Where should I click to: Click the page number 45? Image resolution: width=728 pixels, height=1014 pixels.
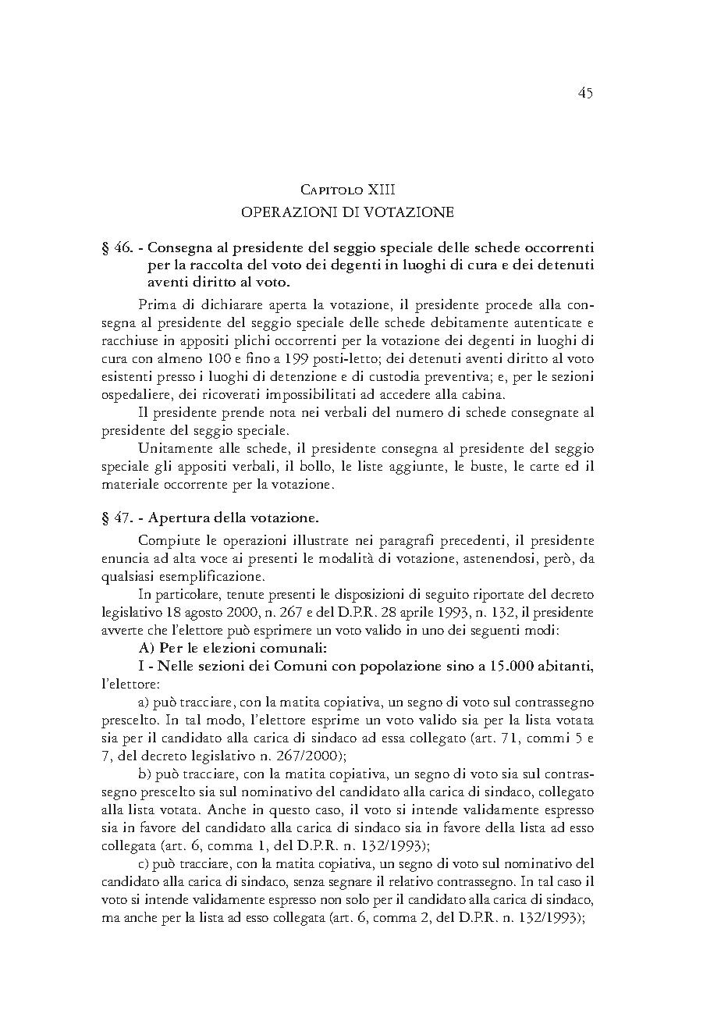[585, 93]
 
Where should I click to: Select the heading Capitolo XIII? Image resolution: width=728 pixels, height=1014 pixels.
[347, 190]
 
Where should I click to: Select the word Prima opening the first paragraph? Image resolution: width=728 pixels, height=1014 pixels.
[154, 304]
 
